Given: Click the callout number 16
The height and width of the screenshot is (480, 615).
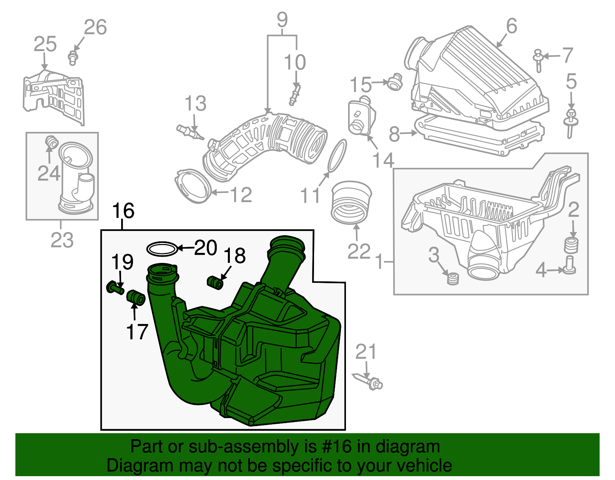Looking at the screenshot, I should click(123, 211).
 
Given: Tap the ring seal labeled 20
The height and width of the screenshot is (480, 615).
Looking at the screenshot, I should click(162, 249).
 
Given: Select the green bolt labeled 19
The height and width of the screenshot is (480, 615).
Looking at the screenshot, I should click(115, 288).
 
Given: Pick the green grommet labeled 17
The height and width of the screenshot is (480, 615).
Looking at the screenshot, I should click(136, 297).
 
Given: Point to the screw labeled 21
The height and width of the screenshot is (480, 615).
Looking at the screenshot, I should click(369, 382).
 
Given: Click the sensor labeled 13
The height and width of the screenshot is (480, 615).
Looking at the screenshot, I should click(190, 132).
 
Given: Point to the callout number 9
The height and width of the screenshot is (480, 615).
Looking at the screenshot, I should click(282, 20).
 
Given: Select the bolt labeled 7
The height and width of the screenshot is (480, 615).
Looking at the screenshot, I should click(538, 61).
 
